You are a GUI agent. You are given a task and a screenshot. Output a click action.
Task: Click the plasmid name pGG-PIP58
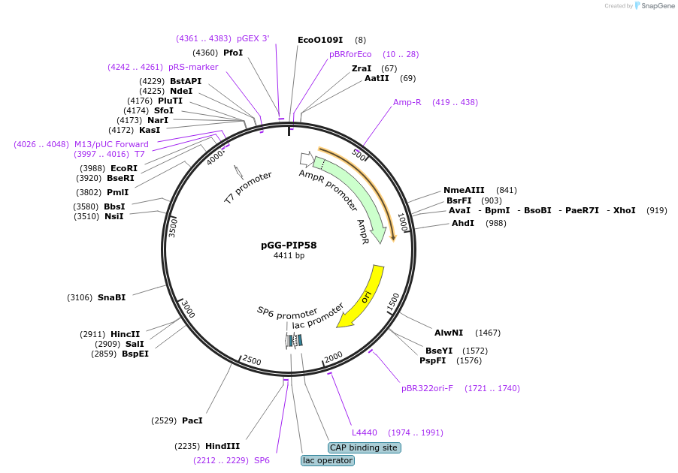coord(289,245)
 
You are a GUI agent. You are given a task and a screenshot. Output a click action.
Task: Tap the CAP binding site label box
coord(364,448)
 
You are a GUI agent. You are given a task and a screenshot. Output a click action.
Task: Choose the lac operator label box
coord(327,460)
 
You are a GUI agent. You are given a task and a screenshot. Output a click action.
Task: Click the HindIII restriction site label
coord(222,446)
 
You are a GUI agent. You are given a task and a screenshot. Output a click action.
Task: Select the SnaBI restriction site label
coord(111,297)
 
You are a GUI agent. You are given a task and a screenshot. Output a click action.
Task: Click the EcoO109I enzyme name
coord(320,40)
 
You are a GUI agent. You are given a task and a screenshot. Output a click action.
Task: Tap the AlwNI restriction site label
coord(449,333)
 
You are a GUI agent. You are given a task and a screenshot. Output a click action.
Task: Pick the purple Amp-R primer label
coord(407,102)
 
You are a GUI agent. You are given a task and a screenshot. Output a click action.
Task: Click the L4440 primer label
coord(365,432)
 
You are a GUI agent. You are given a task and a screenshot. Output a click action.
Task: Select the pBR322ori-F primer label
coord(427,388)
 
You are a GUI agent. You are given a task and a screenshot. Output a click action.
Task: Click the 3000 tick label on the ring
coord(188,308)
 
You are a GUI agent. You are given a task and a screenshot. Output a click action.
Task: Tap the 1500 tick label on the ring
coord(392,302)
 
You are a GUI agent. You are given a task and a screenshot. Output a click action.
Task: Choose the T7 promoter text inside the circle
coord(248,188)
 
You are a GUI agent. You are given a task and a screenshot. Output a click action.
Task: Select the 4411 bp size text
coord(289,255)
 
